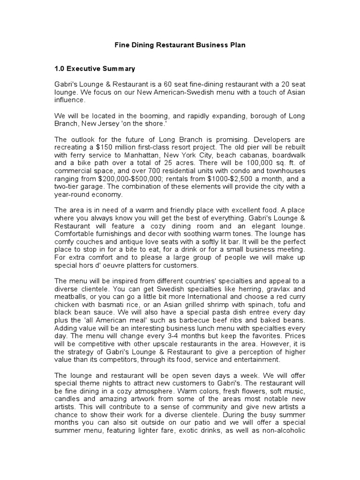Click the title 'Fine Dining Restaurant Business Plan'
click(180, 45)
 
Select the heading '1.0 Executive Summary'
click(95, 68)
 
